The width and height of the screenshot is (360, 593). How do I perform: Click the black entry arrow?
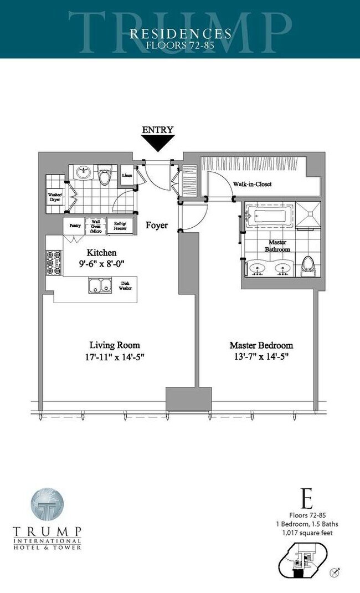point(158,144)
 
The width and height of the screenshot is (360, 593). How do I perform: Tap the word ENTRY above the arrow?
point(158,130)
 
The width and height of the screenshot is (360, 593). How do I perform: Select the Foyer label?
point(157,226)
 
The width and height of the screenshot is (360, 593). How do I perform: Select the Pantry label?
point(75,226)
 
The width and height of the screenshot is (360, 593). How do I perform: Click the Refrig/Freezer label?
point(120,226)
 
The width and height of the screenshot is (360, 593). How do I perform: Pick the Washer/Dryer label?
point(55,197)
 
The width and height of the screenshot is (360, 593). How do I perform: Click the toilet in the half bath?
point(104,177)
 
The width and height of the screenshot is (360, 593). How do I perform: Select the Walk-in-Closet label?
point(252,185)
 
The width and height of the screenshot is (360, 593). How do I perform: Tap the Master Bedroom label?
point(261,345)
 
